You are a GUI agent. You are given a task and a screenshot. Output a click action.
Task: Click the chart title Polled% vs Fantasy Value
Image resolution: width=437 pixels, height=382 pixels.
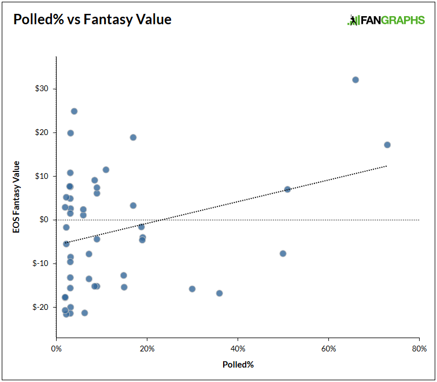tap(92, 19)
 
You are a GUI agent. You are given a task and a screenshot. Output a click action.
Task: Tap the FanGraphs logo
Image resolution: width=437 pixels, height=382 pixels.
tap(386, 20)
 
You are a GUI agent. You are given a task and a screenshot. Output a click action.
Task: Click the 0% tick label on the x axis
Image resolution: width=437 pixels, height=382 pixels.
tap(56, 349)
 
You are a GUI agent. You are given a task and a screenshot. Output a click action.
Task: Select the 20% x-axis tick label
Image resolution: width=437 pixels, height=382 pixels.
tap(147, 349)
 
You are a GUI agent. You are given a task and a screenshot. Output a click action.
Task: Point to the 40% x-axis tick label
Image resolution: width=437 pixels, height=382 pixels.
tap(238, 349)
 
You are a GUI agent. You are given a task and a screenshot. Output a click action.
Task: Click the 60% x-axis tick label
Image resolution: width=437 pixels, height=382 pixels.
tap(328, 349)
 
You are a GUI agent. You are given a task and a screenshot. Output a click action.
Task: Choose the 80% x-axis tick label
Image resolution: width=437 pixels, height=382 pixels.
tap(419, 349)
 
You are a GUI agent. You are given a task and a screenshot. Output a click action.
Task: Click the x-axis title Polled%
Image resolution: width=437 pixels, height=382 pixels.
tap(238, 365)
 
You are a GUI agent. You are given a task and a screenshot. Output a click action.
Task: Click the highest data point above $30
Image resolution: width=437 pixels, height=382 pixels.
tap(355, 80)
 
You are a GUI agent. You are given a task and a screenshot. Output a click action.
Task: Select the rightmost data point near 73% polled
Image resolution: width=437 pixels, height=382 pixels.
tap(387, 145)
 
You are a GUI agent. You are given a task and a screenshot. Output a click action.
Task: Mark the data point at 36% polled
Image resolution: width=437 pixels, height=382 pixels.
tap(219, 293)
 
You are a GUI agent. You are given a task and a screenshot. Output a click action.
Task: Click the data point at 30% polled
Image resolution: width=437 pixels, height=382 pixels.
tap(192, 289)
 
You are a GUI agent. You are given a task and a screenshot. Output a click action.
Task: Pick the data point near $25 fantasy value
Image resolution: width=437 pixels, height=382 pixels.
tap(74, 111)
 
